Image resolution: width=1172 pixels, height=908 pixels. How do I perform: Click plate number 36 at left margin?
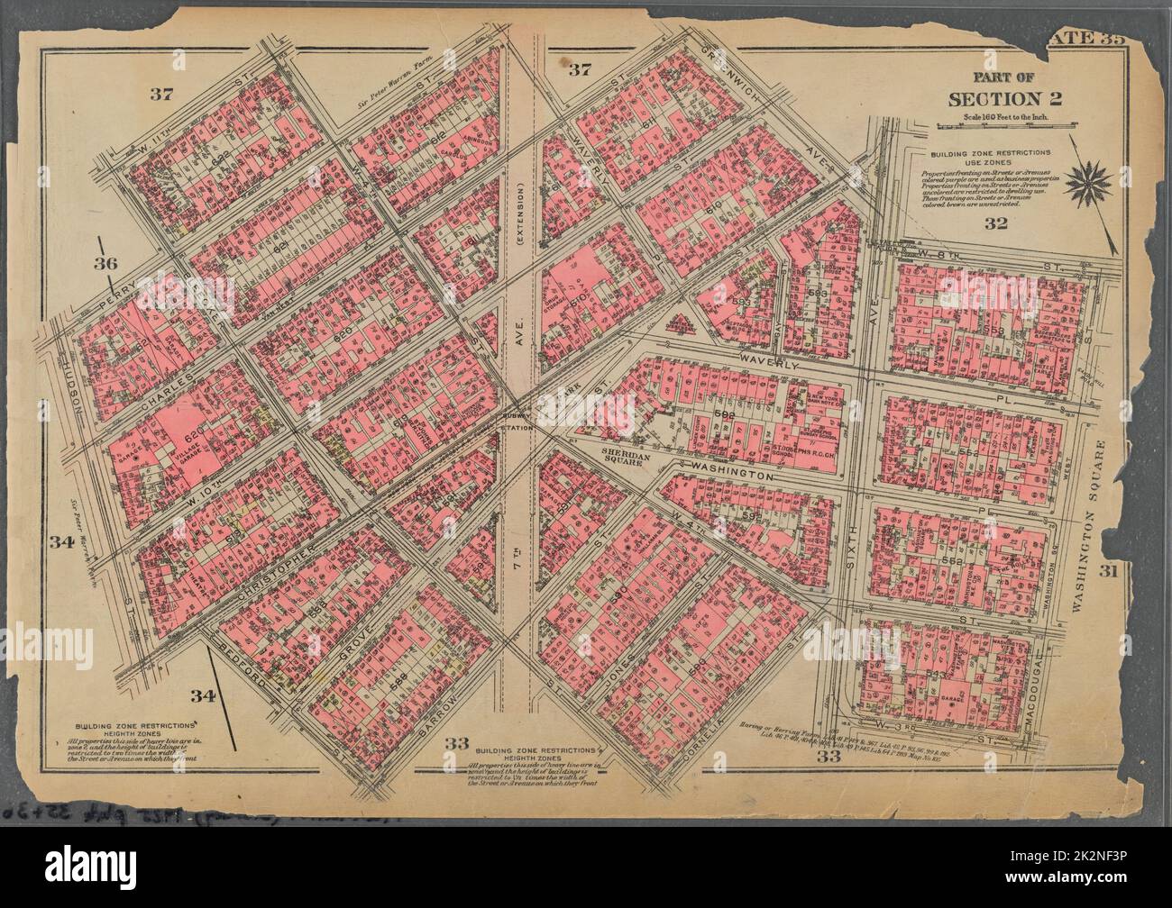tap(106, 263)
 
